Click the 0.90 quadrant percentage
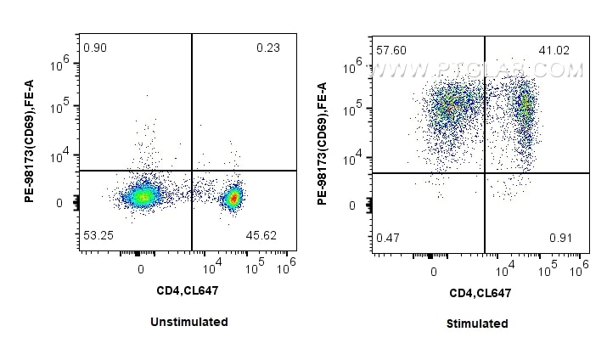[x=94, y=48]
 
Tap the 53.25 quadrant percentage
[x=98, y=233]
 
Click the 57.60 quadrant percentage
[x=391, y=51]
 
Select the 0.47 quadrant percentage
[x=388, y=237]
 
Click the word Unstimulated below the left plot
[x=188, y=322]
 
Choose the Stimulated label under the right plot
[x=476, y=323]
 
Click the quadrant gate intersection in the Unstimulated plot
[x=192, y=171]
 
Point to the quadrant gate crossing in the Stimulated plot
[x=485, y=173]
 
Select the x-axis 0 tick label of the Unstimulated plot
[x=141, y=267]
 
